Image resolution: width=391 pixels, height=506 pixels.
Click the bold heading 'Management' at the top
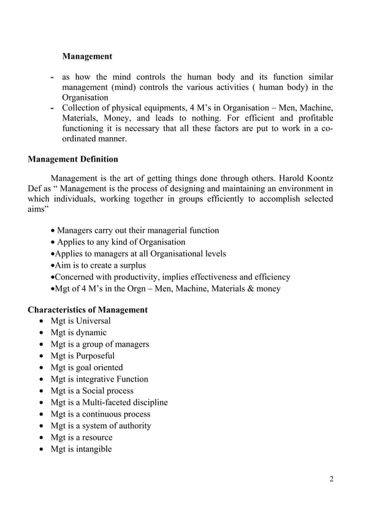[x=87, y=56]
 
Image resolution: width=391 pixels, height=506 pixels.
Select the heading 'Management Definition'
[x=73, y=159]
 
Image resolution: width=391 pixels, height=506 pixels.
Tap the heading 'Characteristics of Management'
[x=88, y=309]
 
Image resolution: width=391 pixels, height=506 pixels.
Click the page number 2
[x=331, y=479]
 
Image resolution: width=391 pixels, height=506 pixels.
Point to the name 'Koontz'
[x=317, y=178]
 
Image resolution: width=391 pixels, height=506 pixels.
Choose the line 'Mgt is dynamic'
[x=78, y=333]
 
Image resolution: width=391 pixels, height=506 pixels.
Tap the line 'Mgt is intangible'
[x=81, y=449]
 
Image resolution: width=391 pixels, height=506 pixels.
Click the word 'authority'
[x=132, y=426]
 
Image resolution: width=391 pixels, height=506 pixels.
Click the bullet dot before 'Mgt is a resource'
[x=40, y=438]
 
